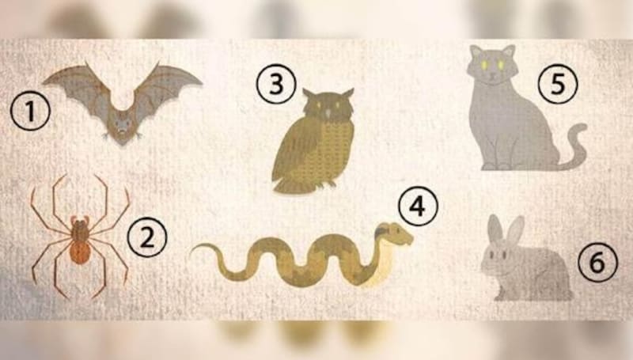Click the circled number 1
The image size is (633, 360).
click(30, 111)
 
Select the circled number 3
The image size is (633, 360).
click(276, 85)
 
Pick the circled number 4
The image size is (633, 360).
click(418, 207)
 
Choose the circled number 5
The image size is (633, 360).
click(558, 85)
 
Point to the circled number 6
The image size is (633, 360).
click(598, 263)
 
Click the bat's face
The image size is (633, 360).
click(122, 125)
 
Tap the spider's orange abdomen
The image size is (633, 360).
click(80, 252)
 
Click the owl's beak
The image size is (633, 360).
click(328, 113)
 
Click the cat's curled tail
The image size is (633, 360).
click(574, 148)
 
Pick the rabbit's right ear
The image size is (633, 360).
click(515, 230)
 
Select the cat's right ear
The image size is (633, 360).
click(508, 51)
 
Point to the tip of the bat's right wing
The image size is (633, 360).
click(201, 84)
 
